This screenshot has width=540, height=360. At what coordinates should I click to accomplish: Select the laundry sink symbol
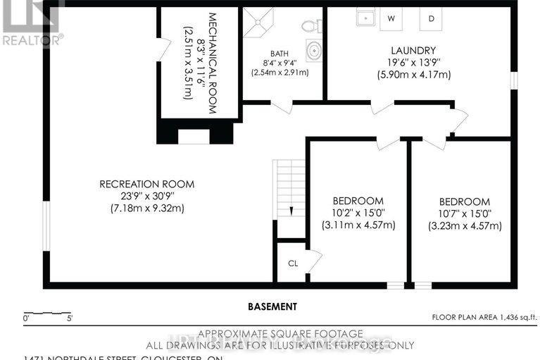click(364, 18)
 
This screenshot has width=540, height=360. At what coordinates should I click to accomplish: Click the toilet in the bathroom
click(308, 26)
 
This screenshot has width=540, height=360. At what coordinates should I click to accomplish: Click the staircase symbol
click(289, 188)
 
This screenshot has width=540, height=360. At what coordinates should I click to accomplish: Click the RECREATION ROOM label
click(146, 185)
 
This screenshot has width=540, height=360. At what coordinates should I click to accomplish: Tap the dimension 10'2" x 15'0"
click(358, 213)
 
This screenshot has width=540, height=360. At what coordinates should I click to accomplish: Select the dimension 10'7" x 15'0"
click(464, 213)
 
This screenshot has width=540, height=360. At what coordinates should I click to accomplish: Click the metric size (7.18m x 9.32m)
click(146, 208)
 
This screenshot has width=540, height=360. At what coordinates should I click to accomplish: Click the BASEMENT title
click(272, 306)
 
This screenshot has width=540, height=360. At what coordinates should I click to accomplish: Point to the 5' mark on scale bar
click(69, 318)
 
